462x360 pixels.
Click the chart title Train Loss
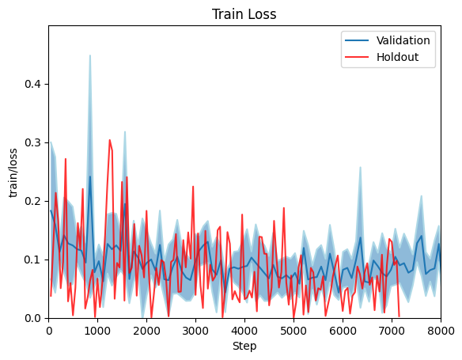[x=244, y=14]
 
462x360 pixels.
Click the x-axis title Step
[x=244, y=346]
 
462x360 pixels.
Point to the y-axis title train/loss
[x=13, y=172]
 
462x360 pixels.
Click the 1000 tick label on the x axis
[x=98, y=330]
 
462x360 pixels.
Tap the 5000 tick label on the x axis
[x=293, y=330]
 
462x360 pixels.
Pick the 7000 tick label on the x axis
[x=392, y=330]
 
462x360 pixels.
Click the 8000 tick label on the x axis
[x=441, y=330]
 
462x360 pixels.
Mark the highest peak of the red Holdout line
[x=110, y=140]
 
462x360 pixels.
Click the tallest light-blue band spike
[x=89, y=55]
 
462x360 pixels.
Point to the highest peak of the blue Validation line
[x=90, y=176]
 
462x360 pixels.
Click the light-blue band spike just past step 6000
[x=360, y=168]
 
